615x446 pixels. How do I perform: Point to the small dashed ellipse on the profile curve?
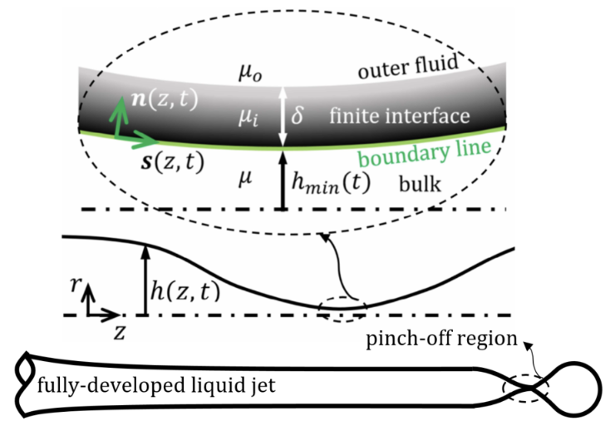tap(343, 310)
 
